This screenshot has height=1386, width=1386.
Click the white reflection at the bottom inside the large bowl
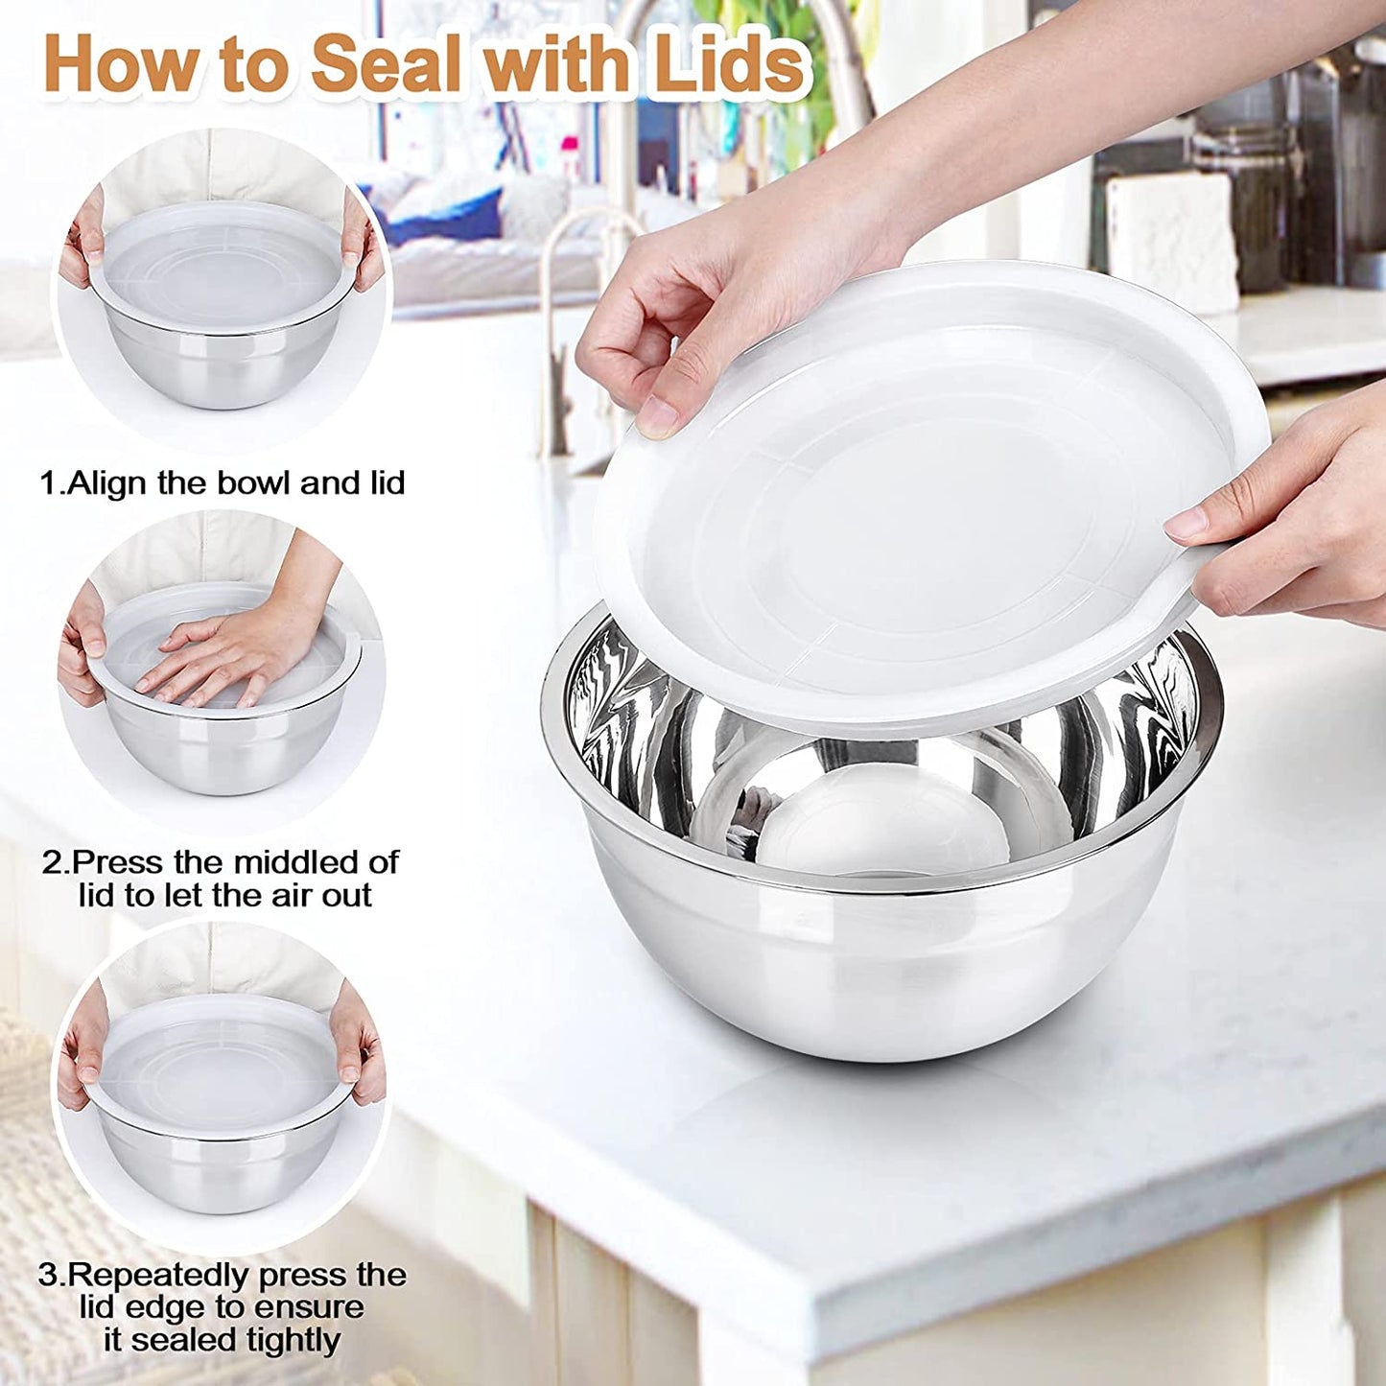[882, 825]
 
